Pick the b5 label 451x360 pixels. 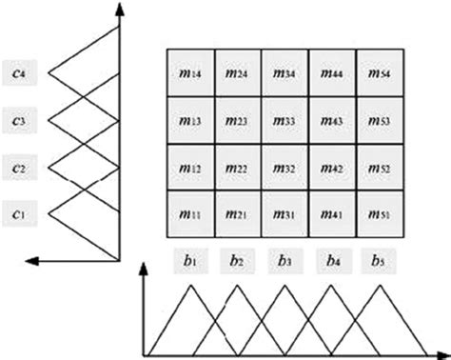coord(381,258)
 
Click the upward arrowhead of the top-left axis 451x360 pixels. coord(119,9)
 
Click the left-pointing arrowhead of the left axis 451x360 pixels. coord(33,259)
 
